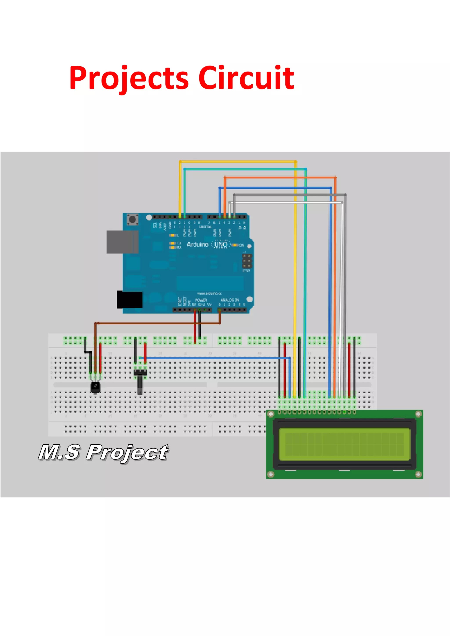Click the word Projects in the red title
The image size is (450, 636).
(x=129, y=78)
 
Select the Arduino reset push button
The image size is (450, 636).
(x=132, y=220)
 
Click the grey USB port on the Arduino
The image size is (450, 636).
(x=122, y=242)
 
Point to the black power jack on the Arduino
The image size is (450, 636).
(x=130, y=300)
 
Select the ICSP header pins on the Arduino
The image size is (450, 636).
(x=247, y=261)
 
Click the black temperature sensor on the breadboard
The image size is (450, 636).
(x=95, y=387)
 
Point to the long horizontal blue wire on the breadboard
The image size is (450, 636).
(x=216, y=358)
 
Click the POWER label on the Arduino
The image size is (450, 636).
(x=201, y=300)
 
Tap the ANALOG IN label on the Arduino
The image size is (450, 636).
(x=229, y=300)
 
